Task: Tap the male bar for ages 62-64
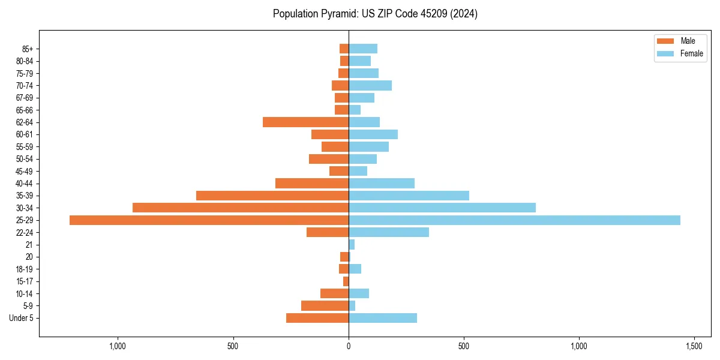click(x=305, y=122)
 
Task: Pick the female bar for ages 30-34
click(x=442, y=208)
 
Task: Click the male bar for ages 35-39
click(x=272, y=196)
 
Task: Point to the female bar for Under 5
click(x=383, y=318)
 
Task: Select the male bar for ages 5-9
click(x=325, y=306)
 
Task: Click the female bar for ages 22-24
click(x=389, y=232)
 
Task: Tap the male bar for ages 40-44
click(x=312, y=184)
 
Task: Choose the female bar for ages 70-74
click(x=370, y=86)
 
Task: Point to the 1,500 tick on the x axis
click(x=694, y=347)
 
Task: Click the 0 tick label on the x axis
click(x=349, y=347)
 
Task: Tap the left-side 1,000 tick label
click(x=118, y=347)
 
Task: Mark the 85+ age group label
click(x=28, y=49)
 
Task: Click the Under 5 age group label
click(x=22, y=318)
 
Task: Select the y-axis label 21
click(x=29, y=245)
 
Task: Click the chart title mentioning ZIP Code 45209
click(x=375, y=14)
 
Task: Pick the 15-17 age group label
click(x=25, y=281)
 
